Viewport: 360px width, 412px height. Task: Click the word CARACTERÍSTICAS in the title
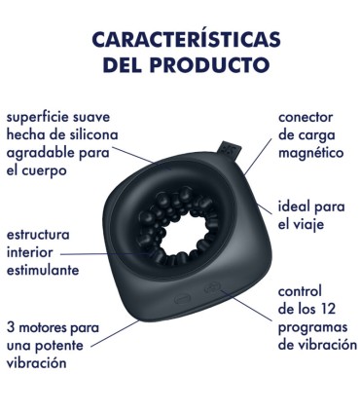click(180, 39)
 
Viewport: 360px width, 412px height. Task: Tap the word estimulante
click(43, 271)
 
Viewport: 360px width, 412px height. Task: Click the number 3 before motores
click(10, 327)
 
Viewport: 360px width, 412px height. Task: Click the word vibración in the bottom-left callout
click(37, 362)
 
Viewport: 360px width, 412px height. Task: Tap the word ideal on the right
click(295, 207)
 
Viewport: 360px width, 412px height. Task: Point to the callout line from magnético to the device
click(255, 162)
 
